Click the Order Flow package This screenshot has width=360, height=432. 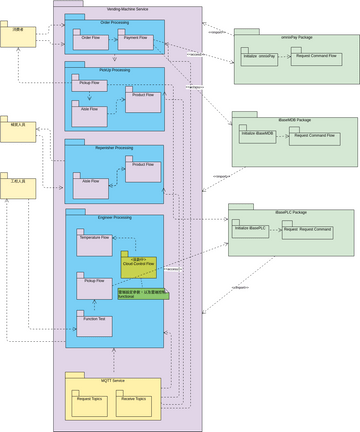[89, 41]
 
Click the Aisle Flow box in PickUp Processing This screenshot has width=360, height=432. [89, 111]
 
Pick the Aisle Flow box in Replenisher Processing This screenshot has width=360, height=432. [90, 182]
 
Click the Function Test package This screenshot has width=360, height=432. [95, 320]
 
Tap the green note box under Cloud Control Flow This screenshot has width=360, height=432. [142, 294]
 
